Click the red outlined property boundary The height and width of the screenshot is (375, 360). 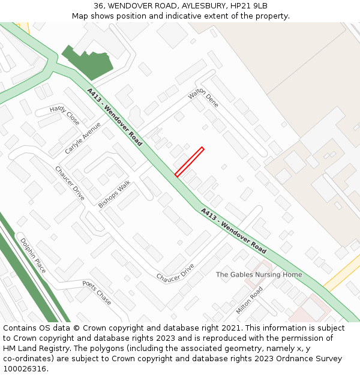190,161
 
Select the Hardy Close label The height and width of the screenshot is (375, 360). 65,115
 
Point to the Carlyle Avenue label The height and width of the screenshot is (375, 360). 83,138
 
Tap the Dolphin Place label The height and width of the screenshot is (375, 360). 33,256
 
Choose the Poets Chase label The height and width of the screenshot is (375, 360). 97,292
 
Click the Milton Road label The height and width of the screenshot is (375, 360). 250,300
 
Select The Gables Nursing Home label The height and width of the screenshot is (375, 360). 259,275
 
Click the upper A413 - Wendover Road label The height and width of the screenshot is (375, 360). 115,118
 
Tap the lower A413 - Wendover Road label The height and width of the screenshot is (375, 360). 233,230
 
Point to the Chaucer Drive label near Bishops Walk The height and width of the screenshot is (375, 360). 70,184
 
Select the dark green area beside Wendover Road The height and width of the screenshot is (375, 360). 87,61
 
